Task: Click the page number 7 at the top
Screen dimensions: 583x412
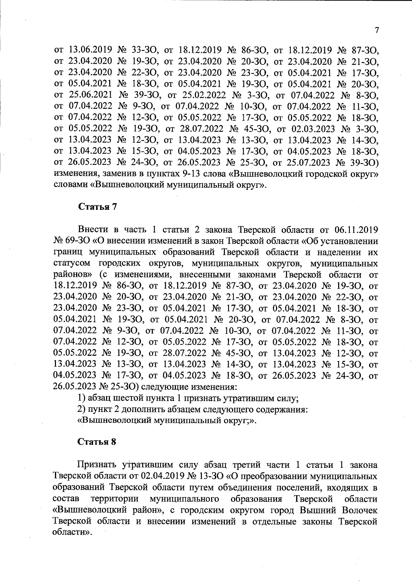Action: point(377,30)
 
